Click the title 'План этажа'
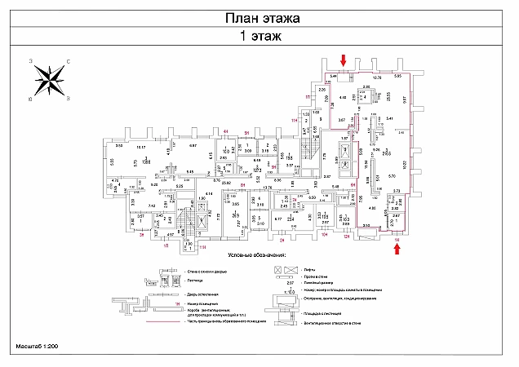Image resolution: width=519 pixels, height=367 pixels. pyautogui.click(x=260, y=17)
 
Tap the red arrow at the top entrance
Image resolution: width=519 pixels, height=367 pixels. pyautogui.click(x=344, y=60)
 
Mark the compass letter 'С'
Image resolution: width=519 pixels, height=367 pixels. pyautogui.click(x=68, y=61)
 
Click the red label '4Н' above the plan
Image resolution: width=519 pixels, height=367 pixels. pyautogui.click(x=224, y=131)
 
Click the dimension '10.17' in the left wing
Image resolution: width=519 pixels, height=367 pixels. pyautogui.click(x=140, y=146)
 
